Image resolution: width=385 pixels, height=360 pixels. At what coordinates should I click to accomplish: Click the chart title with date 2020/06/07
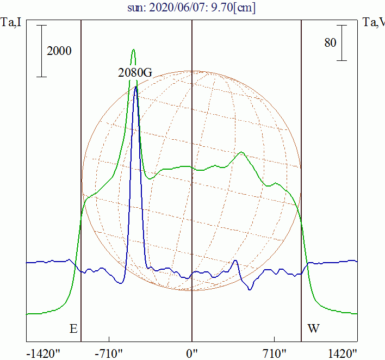191,8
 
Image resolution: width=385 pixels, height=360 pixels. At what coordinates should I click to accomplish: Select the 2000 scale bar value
59,51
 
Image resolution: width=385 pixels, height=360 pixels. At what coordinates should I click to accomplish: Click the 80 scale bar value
330,42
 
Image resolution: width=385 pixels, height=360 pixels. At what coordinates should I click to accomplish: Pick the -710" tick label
109,353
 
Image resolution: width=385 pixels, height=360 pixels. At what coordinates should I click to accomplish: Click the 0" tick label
192,353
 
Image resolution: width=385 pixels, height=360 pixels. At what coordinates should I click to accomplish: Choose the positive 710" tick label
274,353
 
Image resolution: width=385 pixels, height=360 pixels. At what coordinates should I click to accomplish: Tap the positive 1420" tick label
341,353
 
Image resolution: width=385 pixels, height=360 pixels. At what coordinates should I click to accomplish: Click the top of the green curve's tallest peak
133,49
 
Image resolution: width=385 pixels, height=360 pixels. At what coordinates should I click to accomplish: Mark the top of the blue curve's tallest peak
135,86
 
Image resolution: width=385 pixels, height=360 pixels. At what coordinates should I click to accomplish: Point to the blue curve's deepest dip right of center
250,289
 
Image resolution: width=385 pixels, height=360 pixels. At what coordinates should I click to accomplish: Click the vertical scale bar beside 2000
42,51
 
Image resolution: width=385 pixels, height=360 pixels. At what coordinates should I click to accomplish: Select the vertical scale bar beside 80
341,42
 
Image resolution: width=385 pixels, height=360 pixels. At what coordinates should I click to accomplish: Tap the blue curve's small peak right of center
235,260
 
